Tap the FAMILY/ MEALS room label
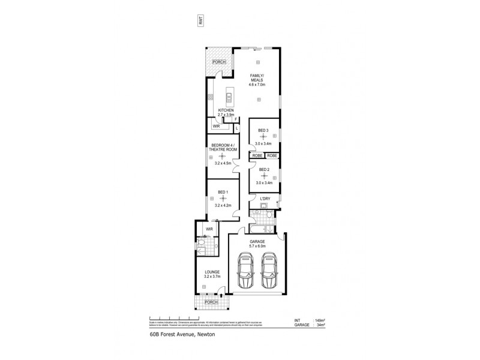258,77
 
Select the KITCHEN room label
226,110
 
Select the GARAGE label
257,241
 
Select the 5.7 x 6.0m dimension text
257,246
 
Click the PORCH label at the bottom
211,302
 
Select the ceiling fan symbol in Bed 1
223,198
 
